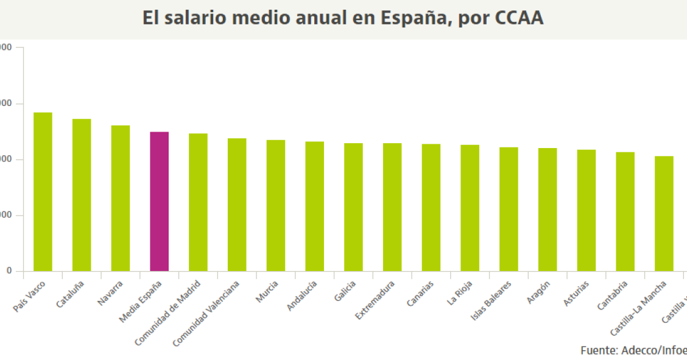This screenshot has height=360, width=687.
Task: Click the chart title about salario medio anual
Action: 343,18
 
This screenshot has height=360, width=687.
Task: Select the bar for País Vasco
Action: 43,192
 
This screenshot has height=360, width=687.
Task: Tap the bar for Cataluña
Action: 82,195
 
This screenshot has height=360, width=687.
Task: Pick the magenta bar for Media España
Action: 160,202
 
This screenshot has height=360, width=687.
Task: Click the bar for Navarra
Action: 121,199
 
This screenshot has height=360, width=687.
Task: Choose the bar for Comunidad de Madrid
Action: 198,202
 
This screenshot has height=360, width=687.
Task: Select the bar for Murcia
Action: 276,206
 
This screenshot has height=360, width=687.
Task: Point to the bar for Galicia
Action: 353,207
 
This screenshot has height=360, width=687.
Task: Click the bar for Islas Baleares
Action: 509,209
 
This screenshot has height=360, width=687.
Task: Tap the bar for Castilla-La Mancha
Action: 664,214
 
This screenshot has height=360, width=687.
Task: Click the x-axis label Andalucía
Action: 302,295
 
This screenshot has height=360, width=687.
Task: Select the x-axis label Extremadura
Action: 375,299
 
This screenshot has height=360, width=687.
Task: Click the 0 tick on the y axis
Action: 9,271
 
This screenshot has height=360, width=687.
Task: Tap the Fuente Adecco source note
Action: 633,350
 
